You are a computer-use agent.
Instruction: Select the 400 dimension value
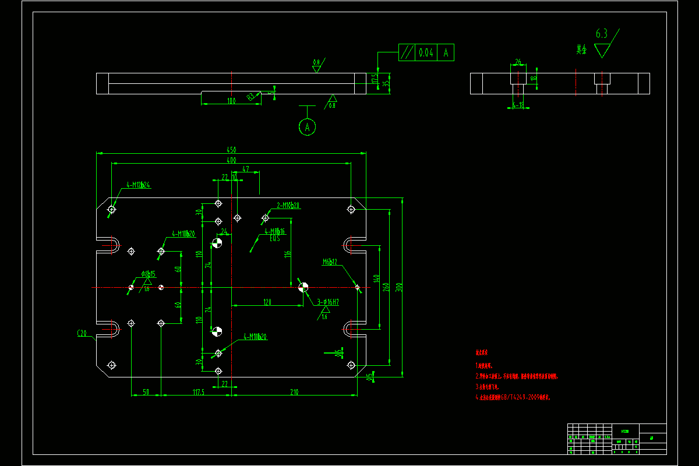tap(231, 160)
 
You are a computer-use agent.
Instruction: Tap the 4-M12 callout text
tap(137, 185)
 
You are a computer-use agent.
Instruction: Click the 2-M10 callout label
tap(288, 205)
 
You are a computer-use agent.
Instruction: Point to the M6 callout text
tap(330, 262)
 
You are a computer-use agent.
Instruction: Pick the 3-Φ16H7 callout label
tap(329, 302)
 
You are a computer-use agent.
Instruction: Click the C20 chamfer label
tap(82, 333)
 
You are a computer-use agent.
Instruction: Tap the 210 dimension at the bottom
tap(294, 392)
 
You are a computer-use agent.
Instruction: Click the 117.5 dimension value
tap(198, 392)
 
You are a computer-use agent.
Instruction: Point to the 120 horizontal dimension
tap(267, 302)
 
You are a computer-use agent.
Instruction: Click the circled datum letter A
tap(307, 126)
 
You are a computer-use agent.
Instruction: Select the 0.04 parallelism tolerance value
tap(426, 52)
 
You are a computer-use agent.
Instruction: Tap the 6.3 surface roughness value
tap(601, 34)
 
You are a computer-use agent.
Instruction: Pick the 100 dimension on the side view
tap(231, 101)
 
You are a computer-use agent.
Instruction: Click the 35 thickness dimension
tap(385, 83)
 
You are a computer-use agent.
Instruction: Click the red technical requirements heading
tap(481, 353)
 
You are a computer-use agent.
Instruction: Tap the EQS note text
tap(274, 238)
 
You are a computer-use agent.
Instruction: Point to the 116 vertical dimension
tap(287, 253)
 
